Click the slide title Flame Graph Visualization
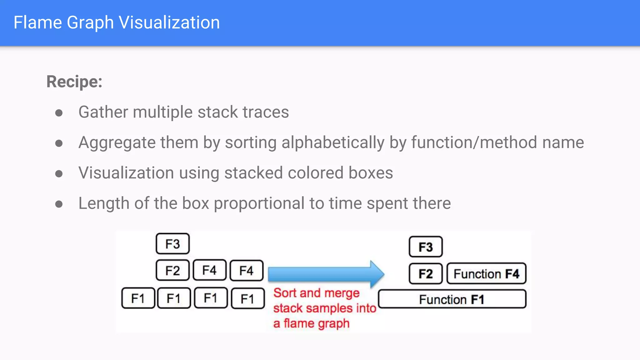tap(117, 22)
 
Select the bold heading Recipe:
tap(74, 82)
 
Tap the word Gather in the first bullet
tap(103, 112)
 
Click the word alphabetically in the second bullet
tap(333, 143)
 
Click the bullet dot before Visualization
tap(59, 173)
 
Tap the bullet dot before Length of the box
tap(59, 204)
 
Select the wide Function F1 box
tap(452, 299)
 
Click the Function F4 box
tap(486, 274)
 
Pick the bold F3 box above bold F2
tap(426, 247)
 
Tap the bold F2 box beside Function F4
tap(426, 274)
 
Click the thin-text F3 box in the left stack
tap(172, 244)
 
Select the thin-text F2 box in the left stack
tap(172, 270)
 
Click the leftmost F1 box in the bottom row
tap(138, 298)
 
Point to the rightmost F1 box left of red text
tap(247, 299)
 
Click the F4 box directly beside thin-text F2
tap(209, 270)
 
